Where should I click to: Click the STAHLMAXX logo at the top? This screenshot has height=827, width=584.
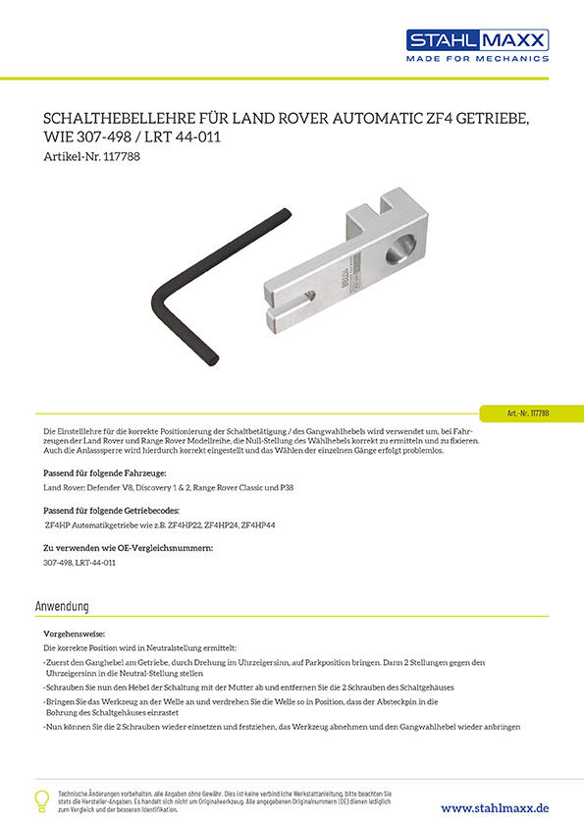click(478, 39)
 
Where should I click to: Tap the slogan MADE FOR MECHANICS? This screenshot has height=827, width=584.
click(478, 59)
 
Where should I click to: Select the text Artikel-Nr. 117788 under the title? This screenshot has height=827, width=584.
click(94, 156)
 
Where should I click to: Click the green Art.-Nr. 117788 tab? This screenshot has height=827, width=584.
click(531, 413)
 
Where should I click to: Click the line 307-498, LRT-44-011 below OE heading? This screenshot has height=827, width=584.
click(80, 564)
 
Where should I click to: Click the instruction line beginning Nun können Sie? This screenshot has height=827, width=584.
click(281, 726)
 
